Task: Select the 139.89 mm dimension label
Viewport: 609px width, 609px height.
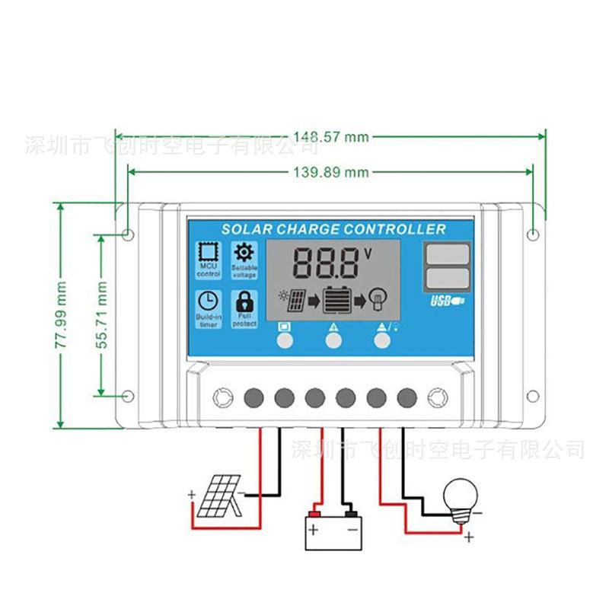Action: (330, 172)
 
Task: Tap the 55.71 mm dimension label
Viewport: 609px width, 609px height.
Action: (100, 314)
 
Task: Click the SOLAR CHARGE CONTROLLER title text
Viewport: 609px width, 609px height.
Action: (333, 229)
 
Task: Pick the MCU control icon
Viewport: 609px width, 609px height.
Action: (208, 253)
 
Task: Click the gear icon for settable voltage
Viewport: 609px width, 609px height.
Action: (244, 253)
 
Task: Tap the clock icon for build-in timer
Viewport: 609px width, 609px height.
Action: (208, 301)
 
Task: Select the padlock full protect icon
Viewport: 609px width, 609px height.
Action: (244, 301)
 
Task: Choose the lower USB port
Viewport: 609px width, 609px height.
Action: (447, 277)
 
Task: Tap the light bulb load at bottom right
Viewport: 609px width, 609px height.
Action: (460, 499)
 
